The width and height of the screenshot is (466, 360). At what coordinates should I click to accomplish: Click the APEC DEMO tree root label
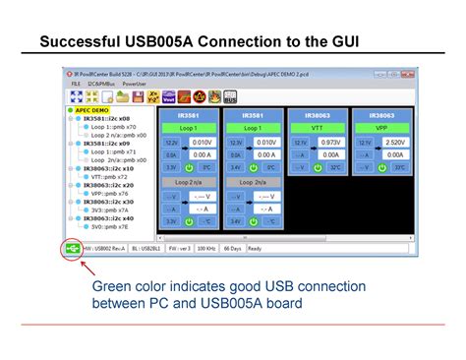(x=93, y=111)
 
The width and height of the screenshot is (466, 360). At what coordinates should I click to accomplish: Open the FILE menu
(x=76, y=86)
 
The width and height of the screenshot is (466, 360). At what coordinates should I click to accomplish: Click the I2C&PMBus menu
(x=101, y=86)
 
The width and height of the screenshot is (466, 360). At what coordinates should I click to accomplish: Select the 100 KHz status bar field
(x=206, y=249)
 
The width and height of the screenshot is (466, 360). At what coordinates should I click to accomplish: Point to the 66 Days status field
(x=233, y=249)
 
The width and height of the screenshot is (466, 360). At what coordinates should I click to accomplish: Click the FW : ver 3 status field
(x=175, y=249)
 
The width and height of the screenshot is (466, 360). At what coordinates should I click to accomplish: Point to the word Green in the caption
(x=113, y=287)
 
